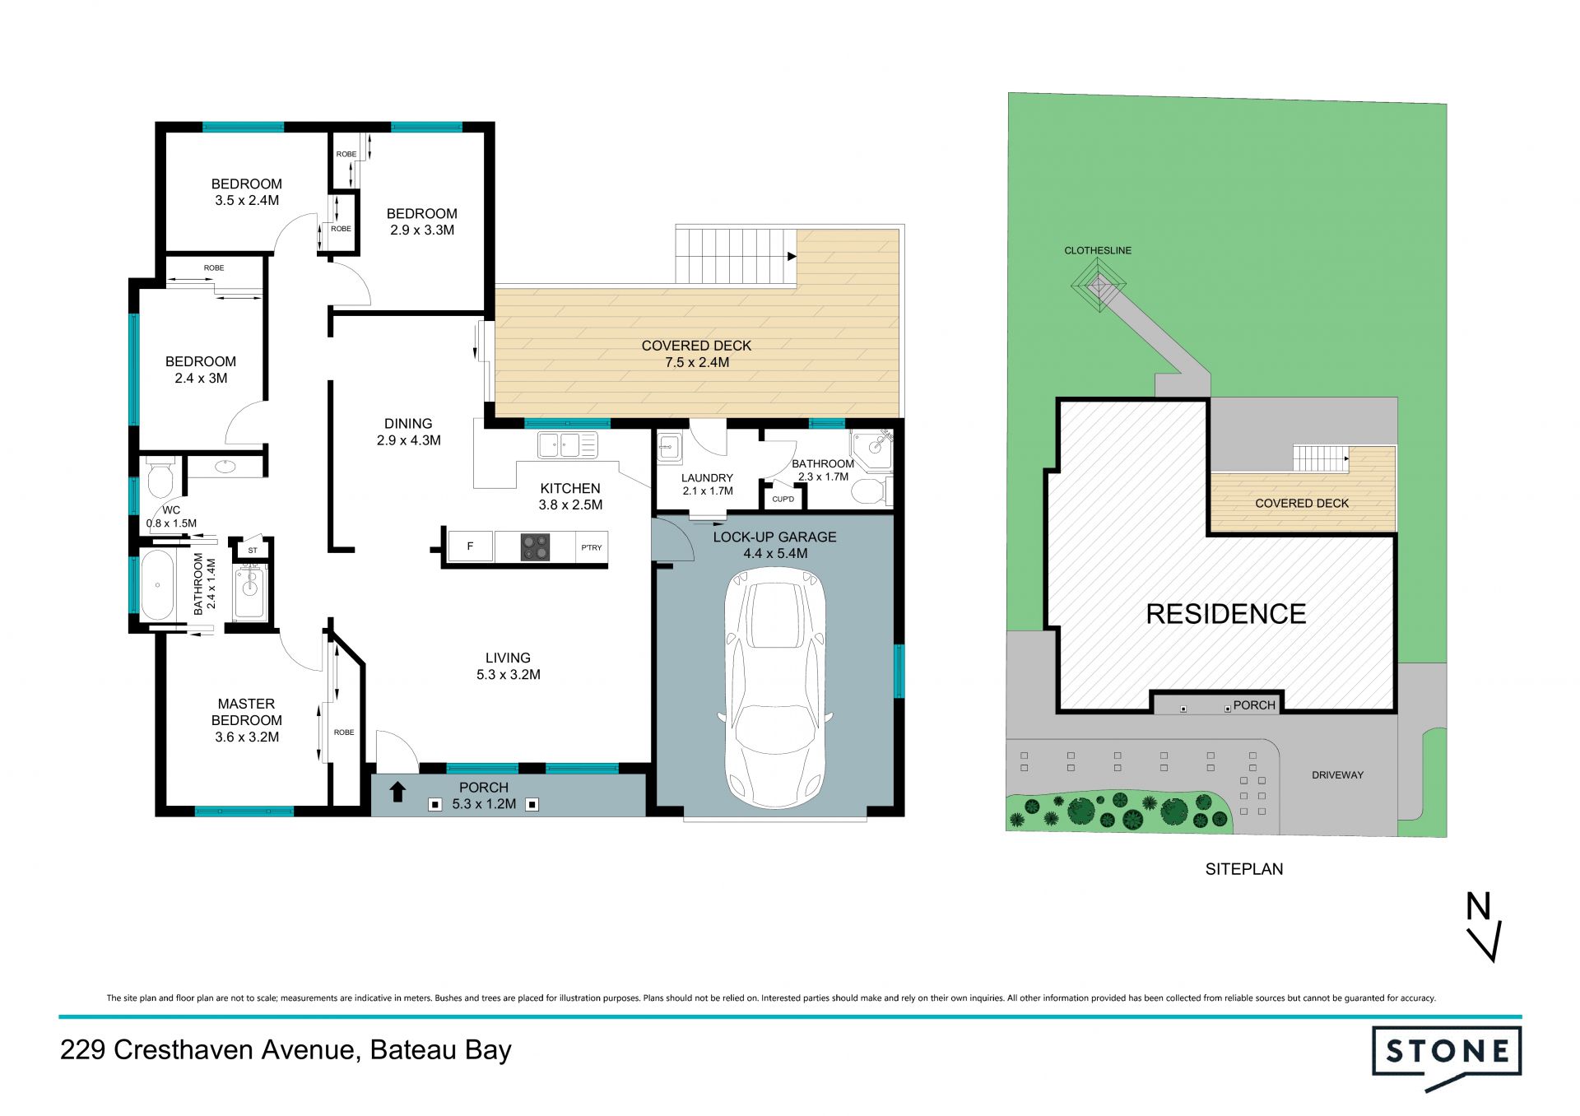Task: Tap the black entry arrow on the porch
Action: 397,792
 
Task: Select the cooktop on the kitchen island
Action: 534,547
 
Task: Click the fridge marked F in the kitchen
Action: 470,546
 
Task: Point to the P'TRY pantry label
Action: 592,547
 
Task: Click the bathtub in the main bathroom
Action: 157,585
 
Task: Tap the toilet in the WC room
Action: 158,477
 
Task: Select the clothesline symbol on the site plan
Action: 1098,286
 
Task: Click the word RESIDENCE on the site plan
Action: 1226,614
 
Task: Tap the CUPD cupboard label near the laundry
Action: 783,499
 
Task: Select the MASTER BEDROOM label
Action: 247,712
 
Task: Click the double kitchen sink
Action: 568,445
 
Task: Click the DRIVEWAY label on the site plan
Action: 1337,774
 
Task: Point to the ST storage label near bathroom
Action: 253,550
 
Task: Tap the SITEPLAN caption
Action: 1244,869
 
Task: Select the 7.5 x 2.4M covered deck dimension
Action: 697,362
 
